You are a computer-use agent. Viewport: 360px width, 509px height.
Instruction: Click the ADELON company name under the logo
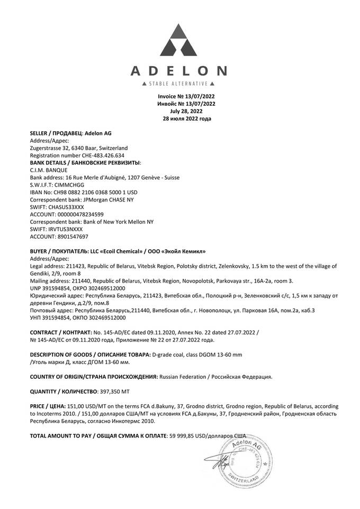point(179,70)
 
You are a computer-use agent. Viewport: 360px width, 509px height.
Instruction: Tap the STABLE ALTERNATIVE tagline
point(179,84)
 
